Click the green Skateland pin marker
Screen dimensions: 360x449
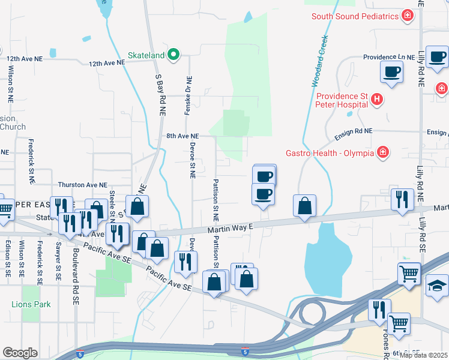click(x=173, y=55)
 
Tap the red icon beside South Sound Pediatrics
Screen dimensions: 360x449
click(x=408, y=16)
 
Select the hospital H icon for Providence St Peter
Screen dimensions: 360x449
click(x=376, y=99)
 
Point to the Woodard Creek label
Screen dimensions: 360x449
click(x=319, y=60)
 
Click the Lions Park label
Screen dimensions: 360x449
click(x=31, y=304)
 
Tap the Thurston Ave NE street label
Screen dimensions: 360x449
click(x=82, y=185)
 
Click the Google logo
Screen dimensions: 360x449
click(x=20, y=353)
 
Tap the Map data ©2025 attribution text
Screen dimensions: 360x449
click(x=424, y=355)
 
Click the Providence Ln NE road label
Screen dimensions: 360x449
click(x=389, y=57)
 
